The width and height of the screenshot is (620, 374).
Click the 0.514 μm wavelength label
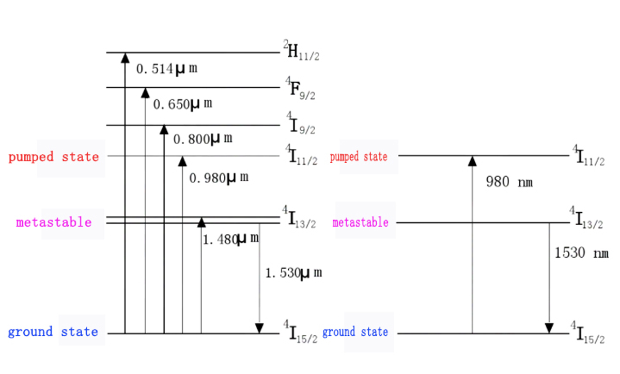pyautogui.click(x=167, y=69)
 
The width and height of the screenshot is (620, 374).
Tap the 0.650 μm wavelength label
pyautogui.click(x=183, y=104)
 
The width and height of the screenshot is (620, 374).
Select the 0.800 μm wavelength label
pyautogui.click(x=203, y=139)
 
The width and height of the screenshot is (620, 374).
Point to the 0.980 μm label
pyautogui.click(x=219, y=178)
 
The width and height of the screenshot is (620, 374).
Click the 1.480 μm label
pyautogui.click(x=230, y=240)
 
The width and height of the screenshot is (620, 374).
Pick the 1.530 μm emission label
pyautogui.click(x=293, y=273)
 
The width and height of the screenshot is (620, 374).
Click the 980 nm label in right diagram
pyautogui.click(x=509, y=182)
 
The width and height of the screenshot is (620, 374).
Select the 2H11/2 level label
pyautogui.click(x=301, y=52)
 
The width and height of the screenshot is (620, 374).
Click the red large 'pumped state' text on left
pyautogui.click(x=53, y=157)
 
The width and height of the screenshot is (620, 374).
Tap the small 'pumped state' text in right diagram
pyautogui.click(x=359, y=157)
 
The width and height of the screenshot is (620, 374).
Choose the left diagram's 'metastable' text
pyautogui.click(x=54, y=223)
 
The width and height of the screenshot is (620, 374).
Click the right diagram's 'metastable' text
pyautogui.click(x=360, y=223)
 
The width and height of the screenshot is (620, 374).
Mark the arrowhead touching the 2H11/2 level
pyautogui.click(x=125, y=57)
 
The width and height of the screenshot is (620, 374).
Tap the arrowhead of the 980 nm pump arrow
pyautogui.click(x=472, y=161)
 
